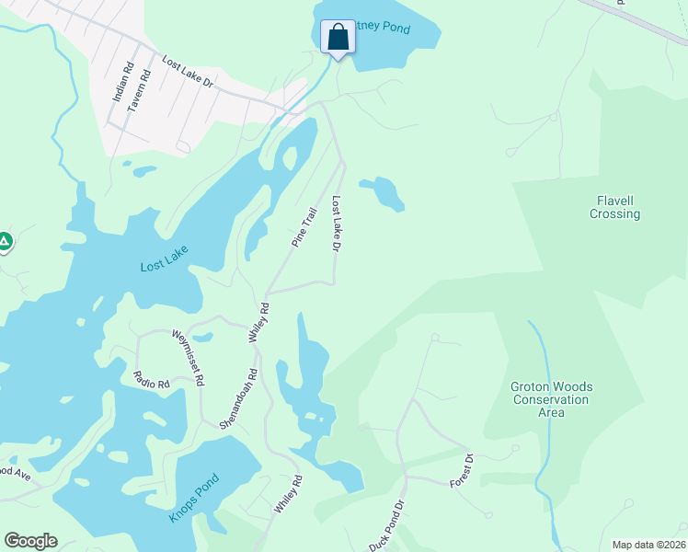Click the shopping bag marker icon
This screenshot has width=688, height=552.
338,38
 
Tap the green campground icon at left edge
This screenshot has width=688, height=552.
5,242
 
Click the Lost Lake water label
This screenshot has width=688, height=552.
164,266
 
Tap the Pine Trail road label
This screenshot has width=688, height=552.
304,226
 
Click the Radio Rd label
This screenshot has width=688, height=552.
152,378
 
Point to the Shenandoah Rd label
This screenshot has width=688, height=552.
238,398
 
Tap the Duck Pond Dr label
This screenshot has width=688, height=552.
388,525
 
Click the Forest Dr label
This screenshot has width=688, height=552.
461,470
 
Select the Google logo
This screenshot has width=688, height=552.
30,540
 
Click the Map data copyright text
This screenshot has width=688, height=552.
648,545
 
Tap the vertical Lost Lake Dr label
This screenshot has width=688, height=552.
337,224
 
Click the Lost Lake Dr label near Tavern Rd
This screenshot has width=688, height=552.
188,73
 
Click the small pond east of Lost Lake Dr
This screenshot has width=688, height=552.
383,192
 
